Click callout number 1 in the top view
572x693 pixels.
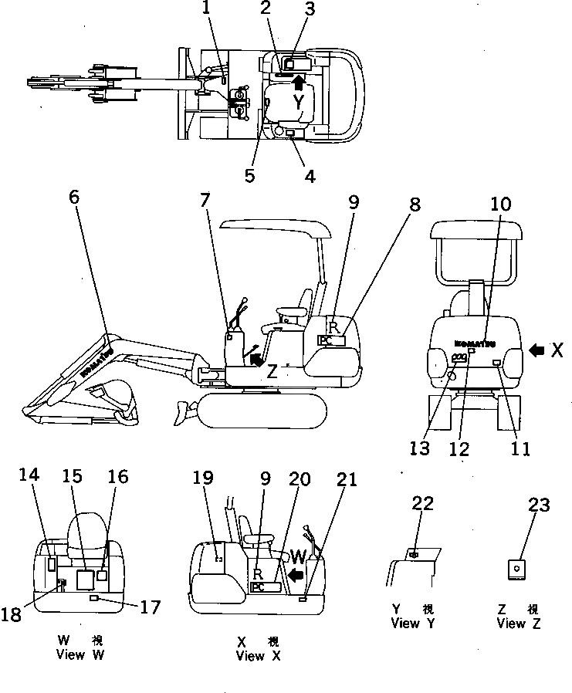point(205,9)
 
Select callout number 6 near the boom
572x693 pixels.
point(73,197)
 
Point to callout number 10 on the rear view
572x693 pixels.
point(501,204)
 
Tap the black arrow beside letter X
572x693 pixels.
point(537,350)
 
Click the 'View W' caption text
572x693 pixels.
point(81,655)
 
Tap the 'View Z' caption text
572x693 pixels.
point(519,624)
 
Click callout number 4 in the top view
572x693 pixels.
point(310,176)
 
